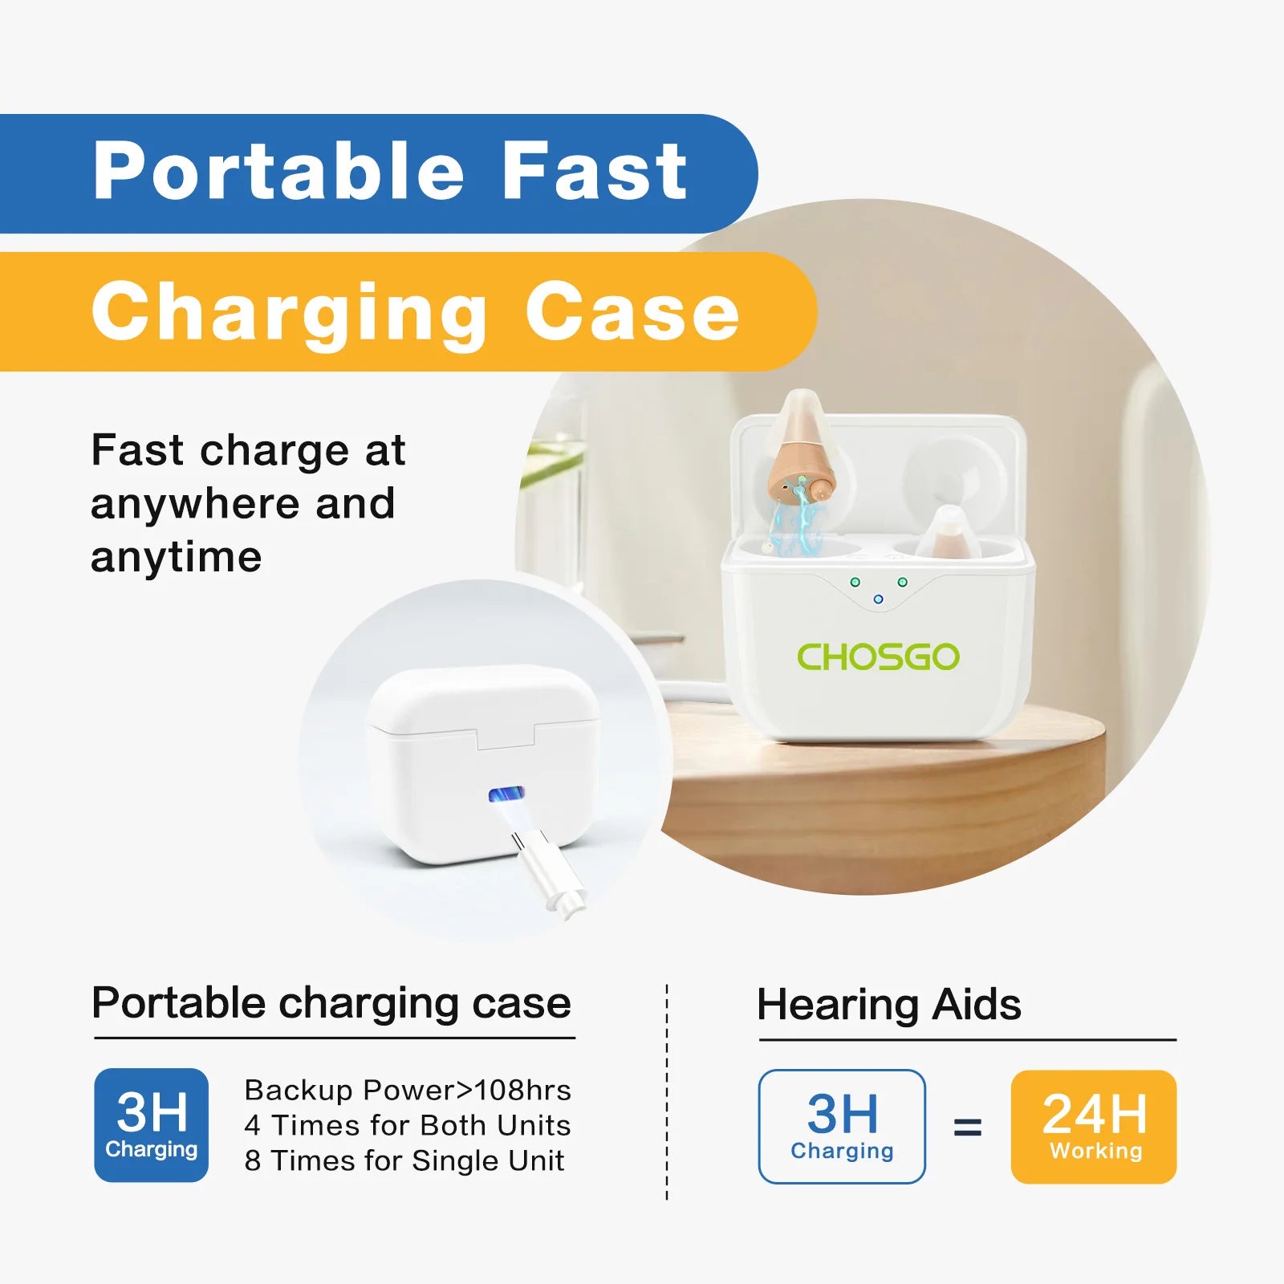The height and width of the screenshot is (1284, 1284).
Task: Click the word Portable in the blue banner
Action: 278,171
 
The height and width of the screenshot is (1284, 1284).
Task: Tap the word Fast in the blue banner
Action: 595,170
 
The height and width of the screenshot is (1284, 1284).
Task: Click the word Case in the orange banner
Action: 632,311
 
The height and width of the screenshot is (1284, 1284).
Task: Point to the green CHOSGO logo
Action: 878,657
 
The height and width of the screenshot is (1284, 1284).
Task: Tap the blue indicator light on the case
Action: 878,599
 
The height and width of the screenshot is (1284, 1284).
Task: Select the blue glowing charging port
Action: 506,794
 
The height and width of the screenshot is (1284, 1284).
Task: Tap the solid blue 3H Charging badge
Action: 151,1125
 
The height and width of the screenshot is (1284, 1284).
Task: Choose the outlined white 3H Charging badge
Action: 842,1127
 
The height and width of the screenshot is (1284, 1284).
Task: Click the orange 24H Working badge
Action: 1094,1127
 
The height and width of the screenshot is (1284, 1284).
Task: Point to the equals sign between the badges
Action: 968,1128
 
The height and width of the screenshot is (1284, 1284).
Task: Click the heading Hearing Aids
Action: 889,1005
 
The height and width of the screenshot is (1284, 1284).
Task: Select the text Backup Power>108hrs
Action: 408,1090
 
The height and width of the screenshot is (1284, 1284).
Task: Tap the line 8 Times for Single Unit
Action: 404,1160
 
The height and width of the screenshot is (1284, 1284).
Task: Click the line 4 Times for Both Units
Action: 408,1125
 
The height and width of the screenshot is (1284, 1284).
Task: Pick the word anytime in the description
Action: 177,558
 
